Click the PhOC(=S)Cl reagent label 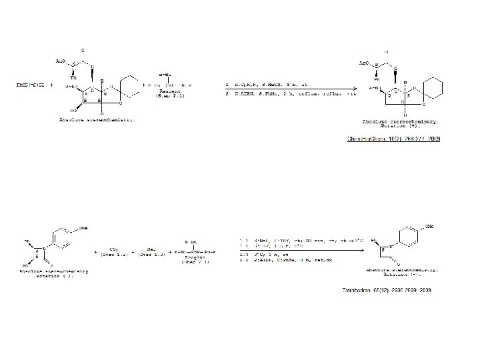31,85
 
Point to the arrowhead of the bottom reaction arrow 363,251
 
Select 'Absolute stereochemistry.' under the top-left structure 96,120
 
